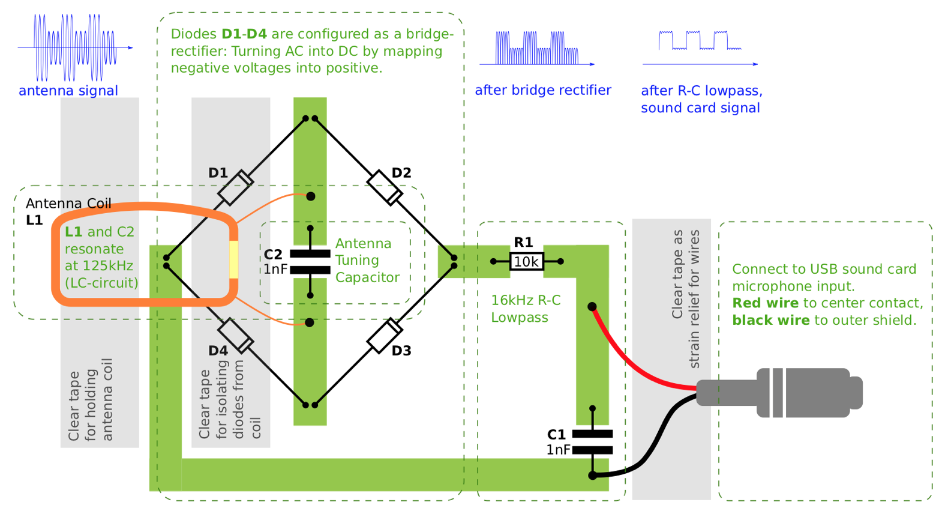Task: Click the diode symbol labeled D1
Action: point(235,187)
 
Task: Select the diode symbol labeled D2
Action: point(385,187)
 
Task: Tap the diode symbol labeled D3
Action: point(385,336)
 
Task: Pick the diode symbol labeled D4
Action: point(235,336)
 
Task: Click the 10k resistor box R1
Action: point(526,262)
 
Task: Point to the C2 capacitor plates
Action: point(310,262)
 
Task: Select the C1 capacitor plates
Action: point(592,442)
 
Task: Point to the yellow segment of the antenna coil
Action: point(233,259)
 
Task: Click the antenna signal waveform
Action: point(74,47)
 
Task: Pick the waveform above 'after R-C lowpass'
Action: point(699,41)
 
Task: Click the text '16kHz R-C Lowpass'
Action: point(525,309)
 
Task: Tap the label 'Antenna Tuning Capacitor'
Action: point(367,260)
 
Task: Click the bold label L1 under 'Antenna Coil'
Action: point(34,220)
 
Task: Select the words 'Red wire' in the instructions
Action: point(765,303)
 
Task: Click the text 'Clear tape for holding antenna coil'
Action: point(91,399)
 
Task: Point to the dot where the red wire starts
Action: point(592,306)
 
